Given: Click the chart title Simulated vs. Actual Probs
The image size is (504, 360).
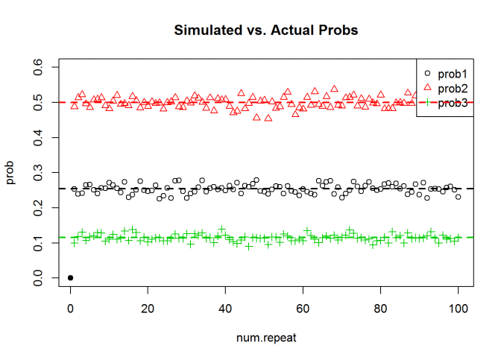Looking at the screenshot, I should coord(266,31).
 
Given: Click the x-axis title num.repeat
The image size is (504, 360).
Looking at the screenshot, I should coord(266,338).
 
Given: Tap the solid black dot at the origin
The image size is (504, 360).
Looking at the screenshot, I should coord(70,277).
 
